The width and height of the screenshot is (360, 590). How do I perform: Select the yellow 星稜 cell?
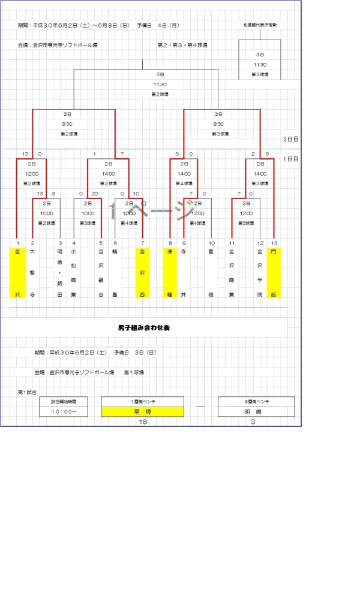click(x=142, y=411)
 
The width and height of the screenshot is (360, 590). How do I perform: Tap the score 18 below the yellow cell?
click(x=143, y=422)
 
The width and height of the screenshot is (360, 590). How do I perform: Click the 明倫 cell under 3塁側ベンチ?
click(x=256, y=411)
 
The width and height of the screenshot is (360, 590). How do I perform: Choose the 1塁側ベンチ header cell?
click(x=142, y=401)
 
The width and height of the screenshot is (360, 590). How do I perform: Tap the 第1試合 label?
click(x=28, y=392)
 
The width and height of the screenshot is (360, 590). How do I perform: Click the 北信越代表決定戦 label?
click(x=259, y=25)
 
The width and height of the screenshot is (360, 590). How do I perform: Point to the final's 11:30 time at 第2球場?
click(x=160, y=85)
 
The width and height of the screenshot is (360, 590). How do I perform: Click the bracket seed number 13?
click(x=274, y=243)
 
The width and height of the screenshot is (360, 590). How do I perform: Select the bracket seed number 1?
click(x=18, y=243)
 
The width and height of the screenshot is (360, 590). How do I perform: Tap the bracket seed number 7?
click(x=143, y=243)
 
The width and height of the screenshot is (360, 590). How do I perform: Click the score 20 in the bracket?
click(x=94, y=194)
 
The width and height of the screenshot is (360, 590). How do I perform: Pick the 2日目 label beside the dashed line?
click(x=291, y=139)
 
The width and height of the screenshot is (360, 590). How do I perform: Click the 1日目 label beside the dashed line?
click(x=291, y=159)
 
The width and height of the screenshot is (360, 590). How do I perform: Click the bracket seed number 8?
click(x=170, y=243)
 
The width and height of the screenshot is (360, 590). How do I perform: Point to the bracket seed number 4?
click(x=73, y=243)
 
